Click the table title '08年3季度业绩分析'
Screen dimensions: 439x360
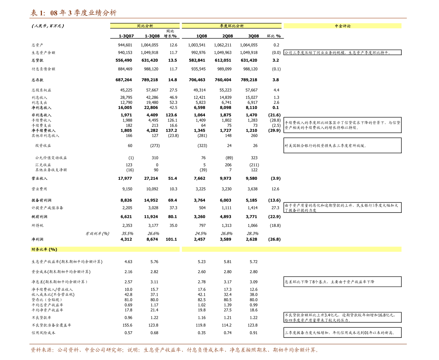click(83, 13)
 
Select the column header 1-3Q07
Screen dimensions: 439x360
click(126, 36)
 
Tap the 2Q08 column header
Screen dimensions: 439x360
click(227, 36)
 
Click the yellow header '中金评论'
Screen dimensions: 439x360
click(343, 26)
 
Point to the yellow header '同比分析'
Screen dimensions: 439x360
click(145, 25)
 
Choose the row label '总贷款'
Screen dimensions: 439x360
click(37, 60)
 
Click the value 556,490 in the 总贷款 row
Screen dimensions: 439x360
click(124, 60)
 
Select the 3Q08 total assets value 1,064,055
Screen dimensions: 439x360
click(249, 45)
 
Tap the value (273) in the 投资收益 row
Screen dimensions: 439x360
click(155, 145)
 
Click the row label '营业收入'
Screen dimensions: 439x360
click(39, 178)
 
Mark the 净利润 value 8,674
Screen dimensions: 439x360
click(152, 239)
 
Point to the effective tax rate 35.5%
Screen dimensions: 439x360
click(127, 233)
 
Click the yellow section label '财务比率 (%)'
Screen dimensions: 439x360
click(44, 249)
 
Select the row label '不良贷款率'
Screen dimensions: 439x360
click(41, 318)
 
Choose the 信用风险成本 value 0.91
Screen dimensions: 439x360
click(254, 333)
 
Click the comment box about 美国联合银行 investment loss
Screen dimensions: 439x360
click(343, 145)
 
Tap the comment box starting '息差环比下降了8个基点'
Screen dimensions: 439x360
click(343, 282)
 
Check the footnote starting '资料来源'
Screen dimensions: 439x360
click(175, 350)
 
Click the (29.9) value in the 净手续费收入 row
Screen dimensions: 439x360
click(274, 130)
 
